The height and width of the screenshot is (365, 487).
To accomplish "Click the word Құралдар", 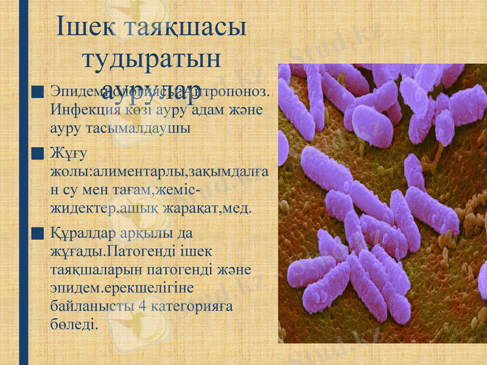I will click(x=84, y=232).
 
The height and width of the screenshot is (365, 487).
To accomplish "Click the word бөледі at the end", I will click(x=74, y=323).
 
